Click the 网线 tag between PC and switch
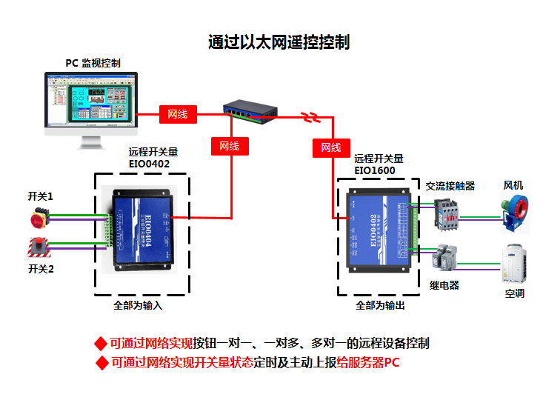(x=178, y=114)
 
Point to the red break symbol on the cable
(x=310, y=116)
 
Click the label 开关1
(x=41, y=196)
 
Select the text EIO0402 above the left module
(x=150, y=164)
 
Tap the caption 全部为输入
(x=138, y=304)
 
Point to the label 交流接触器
(x=450, y=185)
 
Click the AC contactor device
(x=447, y=211)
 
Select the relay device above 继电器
(x=445, y=258)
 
